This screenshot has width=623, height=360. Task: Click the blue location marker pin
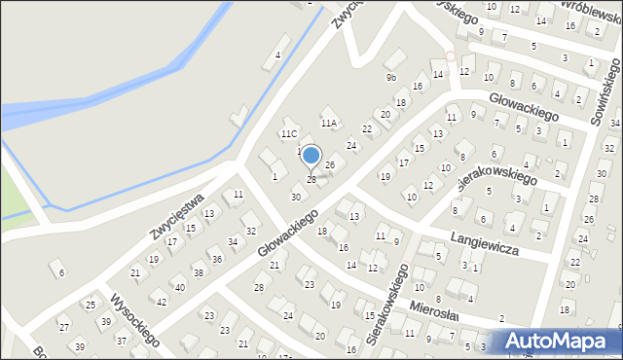point(311,156)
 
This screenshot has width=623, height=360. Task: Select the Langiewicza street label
point(484,243)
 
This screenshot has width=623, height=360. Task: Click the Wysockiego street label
point(134,320)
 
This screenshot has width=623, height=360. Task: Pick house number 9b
point(391,77)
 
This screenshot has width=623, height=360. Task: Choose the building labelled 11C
point(289,133)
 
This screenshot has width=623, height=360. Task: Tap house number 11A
point(329,124)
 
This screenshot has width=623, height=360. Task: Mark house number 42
point(162,302)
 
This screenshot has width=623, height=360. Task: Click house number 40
point(179,288)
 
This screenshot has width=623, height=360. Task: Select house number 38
point(198,272)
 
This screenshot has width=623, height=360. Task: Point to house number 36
point(216,258)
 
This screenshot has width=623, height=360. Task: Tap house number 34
point(233,241)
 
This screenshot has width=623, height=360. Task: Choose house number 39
point(80,347)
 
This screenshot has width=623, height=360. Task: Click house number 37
point(122,341)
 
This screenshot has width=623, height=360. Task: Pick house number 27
point(64,327)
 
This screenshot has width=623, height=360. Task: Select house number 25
point(90,306)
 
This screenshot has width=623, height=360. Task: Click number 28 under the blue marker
point(311,179)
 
